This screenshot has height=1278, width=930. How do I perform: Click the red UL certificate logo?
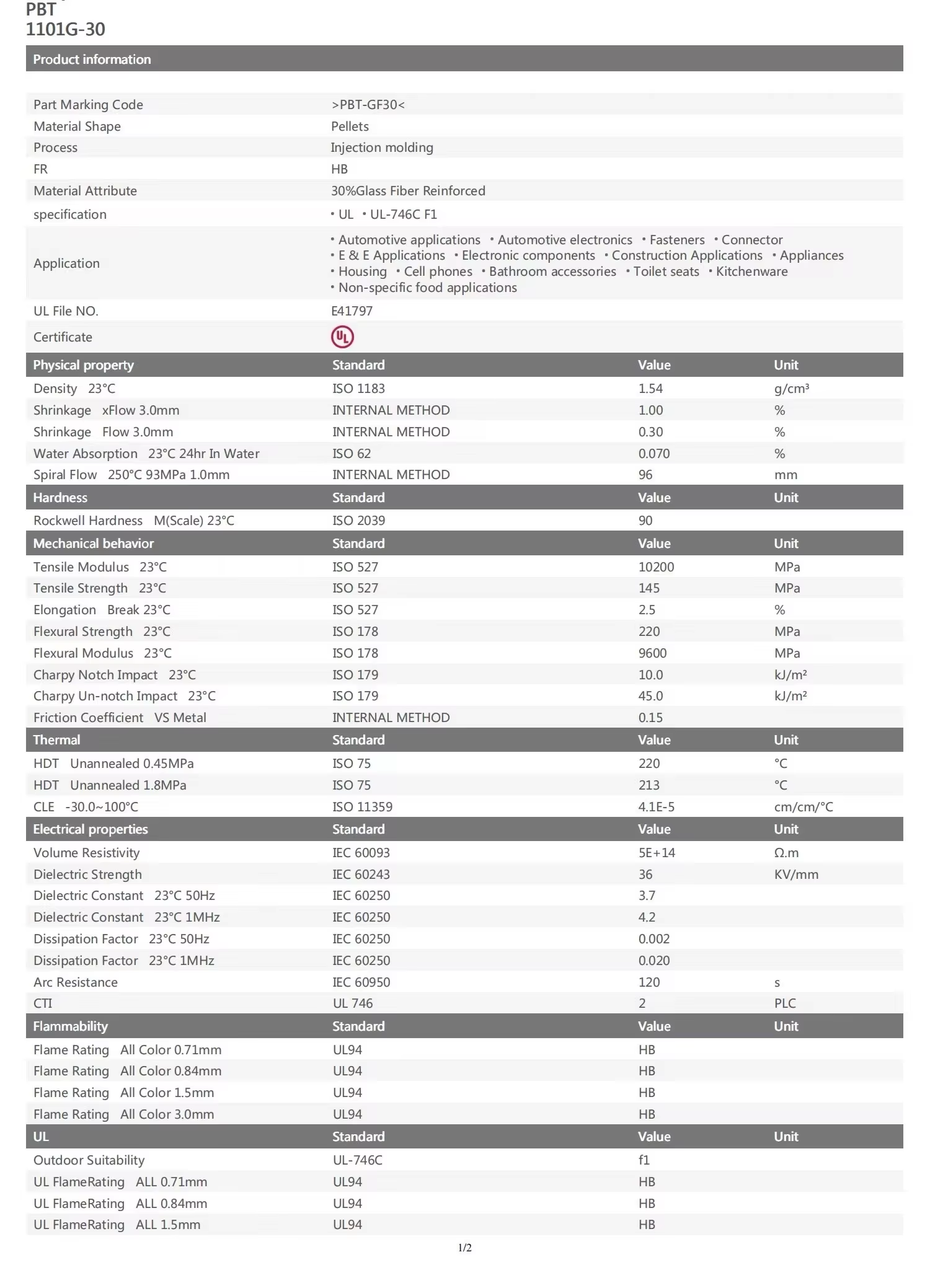point(342,337)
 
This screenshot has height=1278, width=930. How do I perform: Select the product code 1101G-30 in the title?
point(66,29)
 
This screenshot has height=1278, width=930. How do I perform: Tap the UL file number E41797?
point(352,311)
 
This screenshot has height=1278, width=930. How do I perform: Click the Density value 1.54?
point(650,389)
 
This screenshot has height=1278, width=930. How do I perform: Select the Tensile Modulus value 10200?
point(656,567)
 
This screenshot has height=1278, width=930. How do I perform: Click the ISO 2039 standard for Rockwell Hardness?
point(358,521)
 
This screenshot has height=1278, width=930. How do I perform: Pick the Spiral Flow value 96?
point(645,475)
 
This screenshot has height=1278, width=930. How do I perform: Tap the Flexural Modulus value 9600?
point(652,653)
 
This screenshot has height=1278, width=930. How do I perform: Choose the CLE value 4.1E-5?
point(657,807)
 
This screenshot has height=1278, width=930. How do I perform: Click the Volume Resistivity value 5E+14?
point(657,853)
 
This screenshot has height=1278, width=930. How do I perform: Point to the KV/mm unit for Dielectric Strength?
point(796,875)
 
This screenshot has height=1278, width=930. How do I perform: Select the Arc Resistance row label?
point(76,982)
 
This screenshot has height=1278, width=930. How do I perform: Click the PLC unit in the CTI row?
point(785,1003)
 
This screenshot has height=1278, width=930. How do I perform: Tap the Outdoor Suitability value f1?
point(644,1160)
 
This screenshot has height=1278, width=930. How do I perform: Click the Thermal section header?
point(56,740)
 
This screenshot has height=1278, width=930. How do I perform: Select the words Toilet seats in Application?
point(666,271)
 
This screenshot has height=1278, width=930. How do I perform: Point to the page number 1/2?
point(465,1248)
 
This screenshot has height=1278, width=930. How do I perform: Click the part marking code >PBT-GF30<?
point(368,105)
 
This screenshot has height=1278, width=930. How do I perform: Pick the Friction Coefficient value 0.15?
point(650,718)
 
